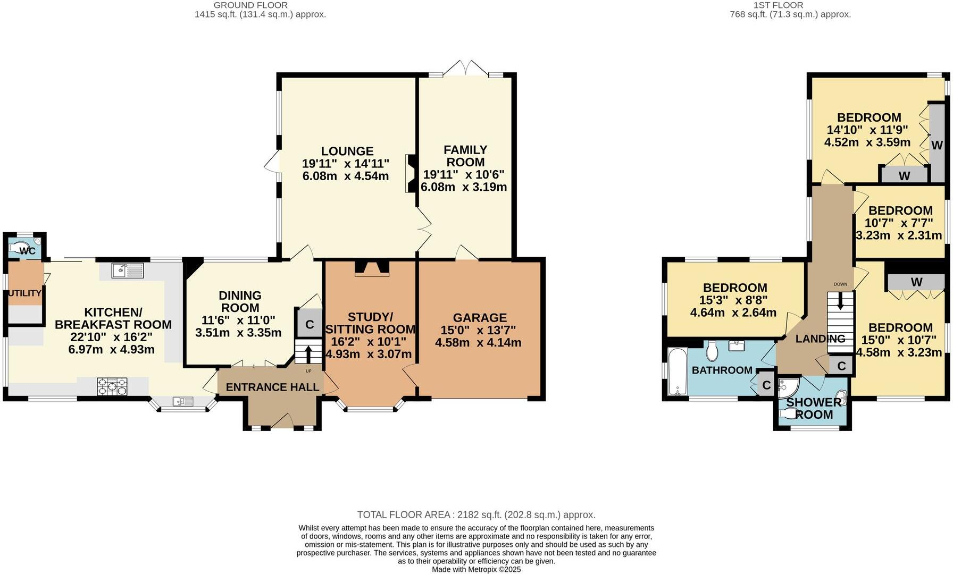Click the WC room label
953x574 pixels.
click(x=27, y=251)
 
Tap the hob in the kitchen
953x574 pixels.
click(x=112, y=386)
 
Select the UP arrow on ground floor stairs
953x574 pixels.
click(x=308, y=354)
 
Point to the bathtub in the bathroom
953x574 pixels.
click(x=677, y=372)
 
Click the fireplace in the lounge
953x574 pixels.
click(x=411, y=173)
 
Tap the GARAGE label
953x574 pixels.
click(x=480, y=318)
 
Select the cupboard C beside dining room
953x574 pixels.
click(x=310, y=324)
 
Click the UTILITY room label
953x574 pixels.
click(x=24, y=293)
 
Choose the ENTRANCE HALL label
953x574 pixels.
click(x=272, y=387)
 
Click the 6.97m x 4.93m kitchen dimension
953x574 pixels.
click(x=111, y=350)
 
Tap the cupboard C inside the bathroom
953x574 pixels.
click(x=766, y=385)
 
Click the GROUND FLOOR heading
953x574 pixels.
click(x=250, y=5)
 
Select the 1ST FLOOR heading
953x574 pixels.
click(x=785, y=5)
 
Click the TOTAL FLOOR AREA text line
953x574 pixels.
click(x=476, y=514)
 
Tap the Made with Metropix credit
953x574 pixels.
click(x=476, y=569)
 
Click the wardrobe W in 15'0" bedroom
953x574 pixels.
click(x=916, y=282)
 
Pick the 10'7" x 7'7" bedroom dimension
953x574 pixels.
click(x=900, y=223)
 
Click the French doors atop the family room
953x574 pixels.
click(x=465, y=68)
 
